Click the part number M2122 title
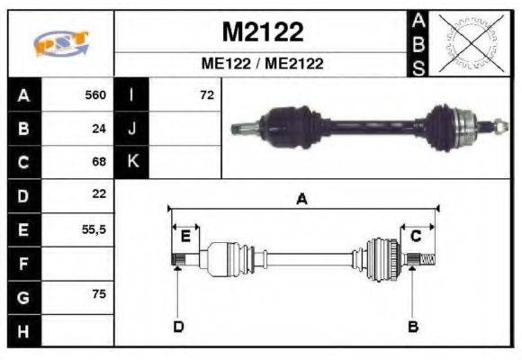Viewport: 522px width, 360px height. coord(262,32)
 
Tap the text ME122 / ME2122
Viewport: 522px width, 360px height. coord(262,64)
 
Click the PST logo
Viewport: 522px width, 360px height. coord(61,42)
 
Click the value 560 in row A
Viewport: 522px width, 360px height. coord(95,94)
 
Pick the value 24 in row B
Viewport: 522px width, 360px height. coord(99,128)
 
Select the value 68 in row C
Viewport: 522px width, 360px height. coord(99,162)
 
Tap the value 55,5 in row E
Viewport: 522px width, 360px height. coord(94,229)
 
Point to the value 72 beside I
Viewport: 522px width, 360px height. coord(206,94)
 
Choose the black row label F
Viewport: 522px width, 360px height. coord(22,263)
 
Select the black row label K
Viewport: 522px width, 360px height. coord(132,162)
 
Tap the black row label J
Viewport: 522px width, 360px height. coord(132,128)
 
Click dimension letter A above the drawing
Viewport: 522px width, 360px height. coord(302,200)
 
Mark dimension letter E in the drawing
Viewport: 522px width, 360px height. coord(185,237)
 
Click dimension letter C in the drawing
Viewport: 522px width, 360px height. coord(417,237)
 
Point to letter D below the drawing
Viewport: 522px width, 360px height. coord(178,326)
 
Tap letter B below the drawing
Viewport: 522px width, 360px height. coord(413,326)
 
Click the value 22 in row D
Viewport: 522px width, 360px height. coord(99,194)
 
